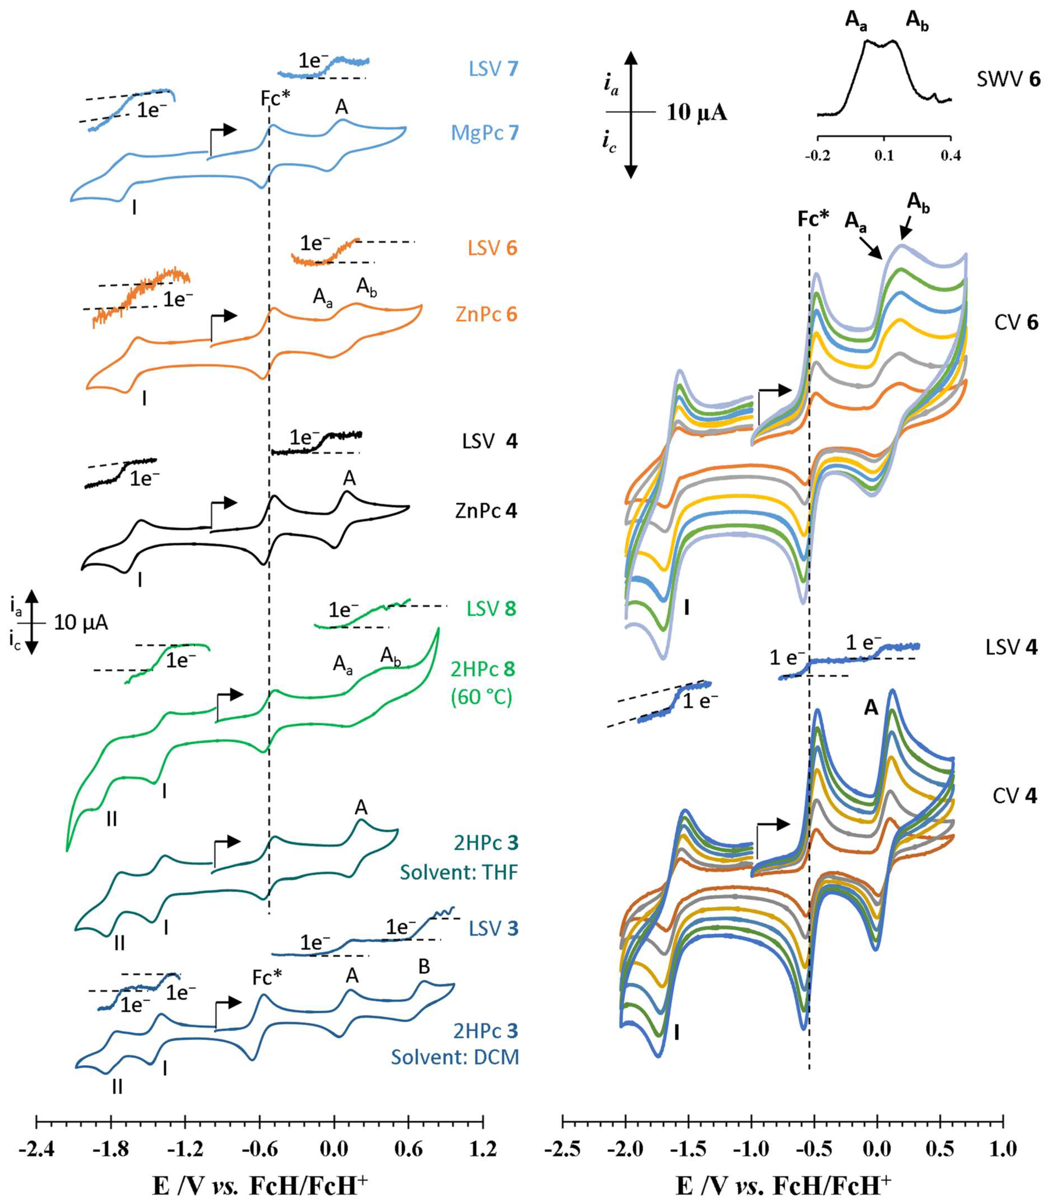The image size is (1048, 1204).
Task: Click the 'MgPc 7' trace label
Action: pos(485,133)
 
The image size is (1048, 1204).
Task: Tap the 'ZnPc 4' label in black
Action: pos(486,511)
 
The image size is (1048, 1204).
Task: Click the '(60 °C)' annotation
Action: pos(481,697)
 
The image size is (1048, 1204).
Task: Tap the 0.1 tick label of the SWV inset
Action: pos(884,157)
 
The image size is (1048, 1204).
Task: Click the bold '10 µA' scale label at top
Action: pos(696,112)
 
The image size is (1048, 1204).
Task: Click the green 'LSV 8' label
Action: pos(491,609)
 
